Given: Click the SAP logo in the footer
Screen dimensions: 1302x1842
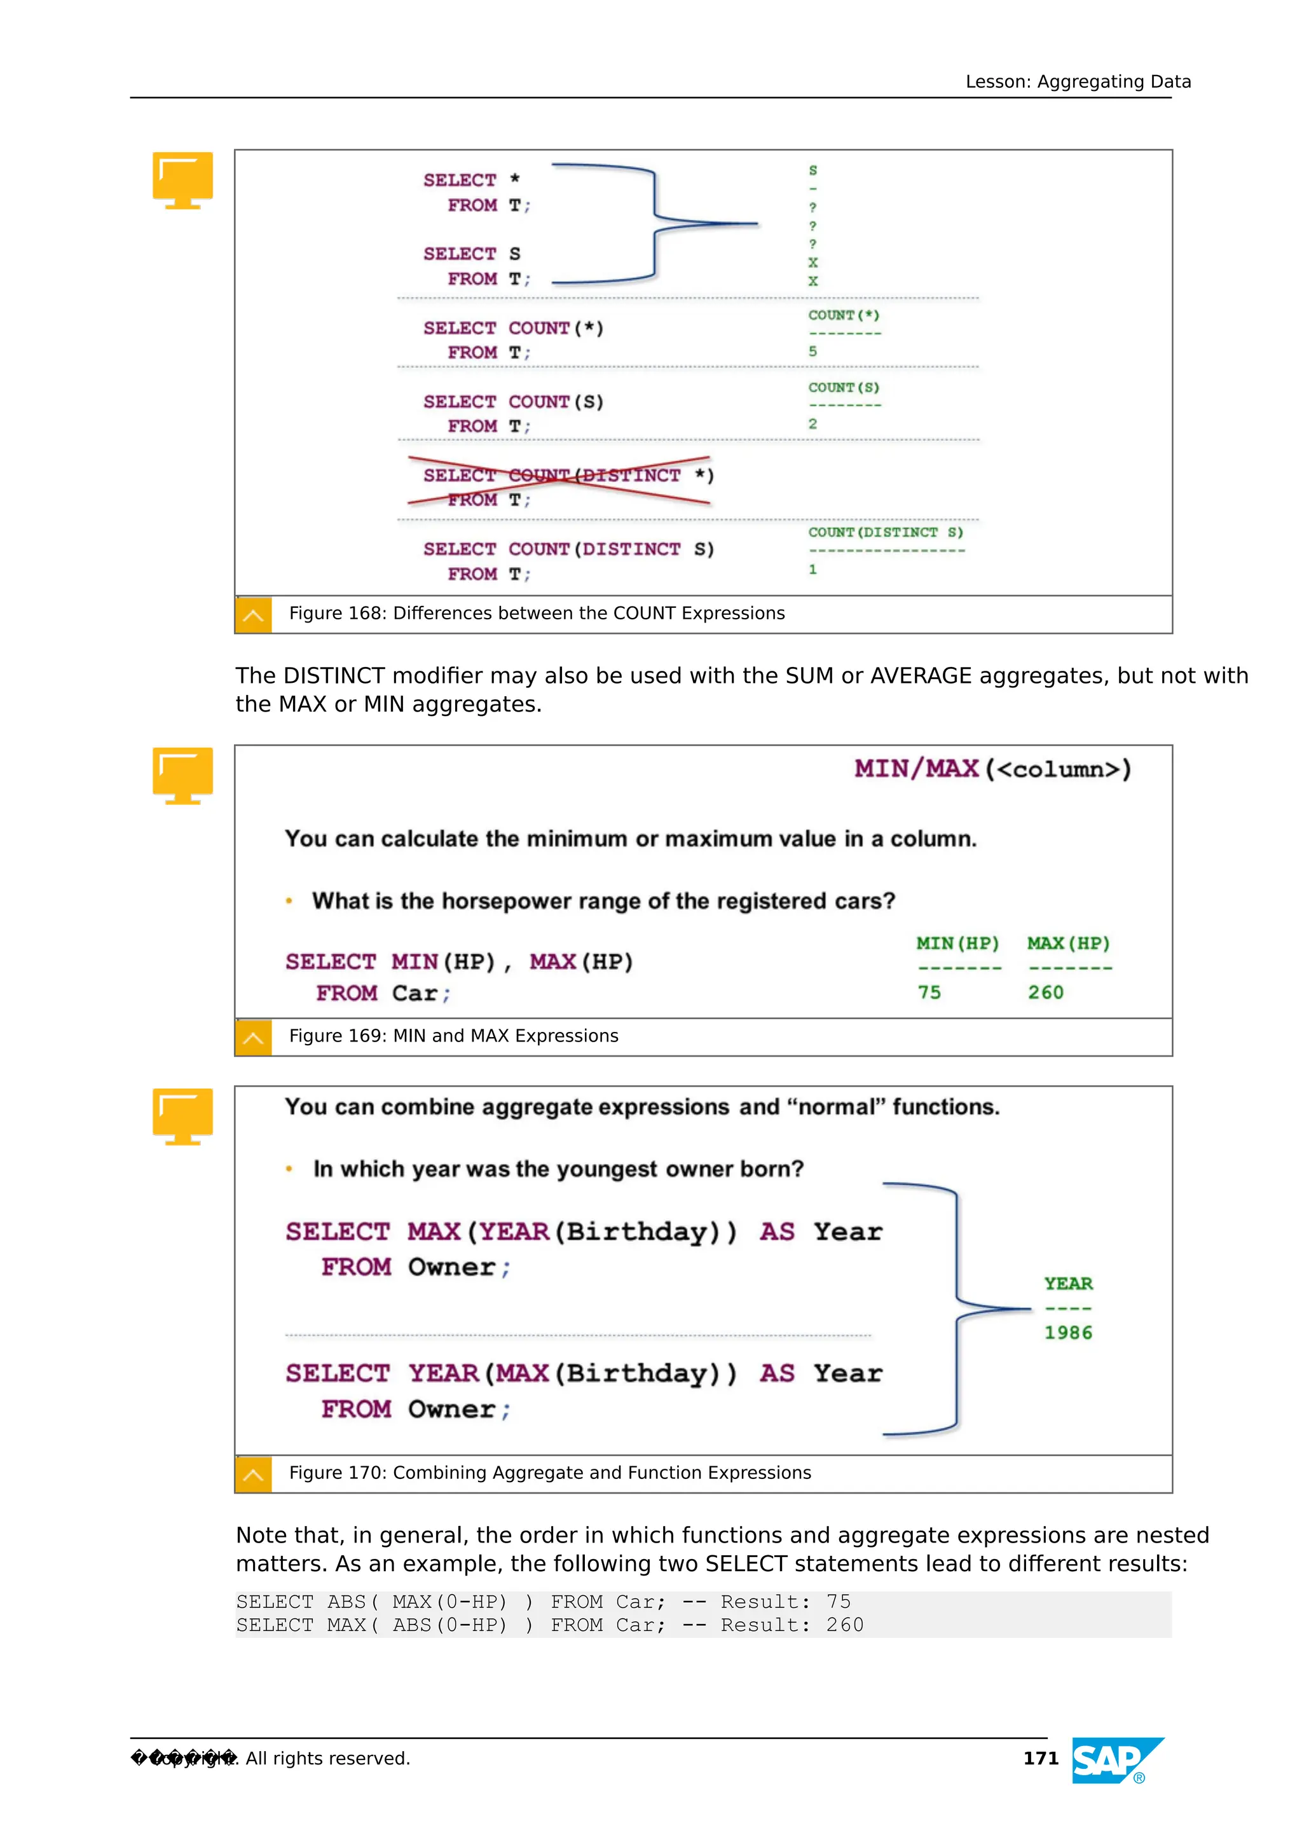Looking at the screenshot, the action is (x=1117, y=1761).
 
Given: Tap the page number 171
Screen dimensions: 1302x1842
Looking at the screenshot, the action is (x=1041, y=1759).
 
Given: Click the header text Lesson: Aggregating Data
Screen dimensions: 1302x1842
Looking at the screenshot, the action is (x=1078, y=82).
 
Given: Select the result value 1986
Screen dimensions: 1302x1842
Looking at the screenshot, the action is (x=1068, y=1333).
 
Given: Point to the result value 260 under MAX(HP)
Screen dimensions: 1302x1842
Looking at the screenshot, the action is (x=1045, y=993).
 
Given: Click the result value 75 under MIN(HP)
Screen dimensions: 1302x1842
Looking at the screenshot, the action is (x=929, y=993).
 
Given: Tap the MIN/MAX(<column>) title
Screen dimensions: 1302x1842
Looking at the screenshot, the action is (x=992, y=769).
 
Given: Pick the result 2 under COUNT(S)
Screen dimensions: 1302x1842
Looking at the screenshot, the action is (x=812, y=423).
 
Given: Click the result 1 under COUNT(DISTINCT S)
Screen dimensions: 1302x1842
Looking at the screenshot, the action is (x=812, y=570).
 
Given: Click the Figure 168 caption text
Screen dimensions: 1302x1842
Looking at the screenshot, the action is (x=537, y=613).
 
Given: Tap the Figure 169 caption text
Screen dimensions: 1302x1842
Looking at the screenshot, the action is (x=453, y=1036).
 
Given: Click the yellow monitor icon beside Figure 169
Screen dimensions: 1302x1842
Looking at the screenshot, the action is (x=183, y=775).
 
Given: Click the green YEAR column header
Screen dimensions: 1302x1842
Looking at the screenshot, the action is (x=1068, y=1284).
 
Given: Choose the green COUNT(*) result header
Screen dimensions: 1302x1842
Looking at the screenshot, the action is (x=843, y=315).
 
